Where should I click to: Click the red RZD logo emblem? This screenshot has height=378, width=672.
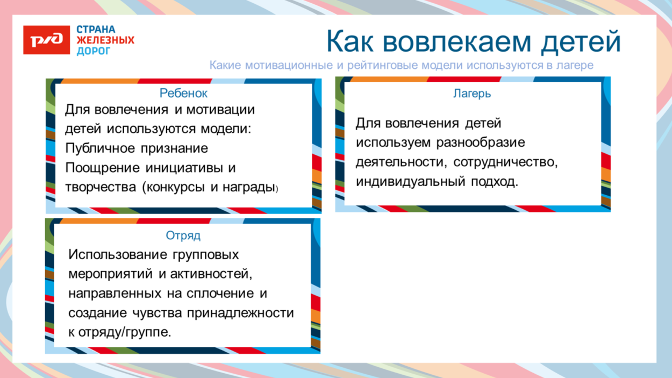tap(46, 40)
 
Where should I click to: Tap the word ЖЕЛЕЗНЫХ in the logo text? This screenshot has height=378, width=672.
tap(105, 40)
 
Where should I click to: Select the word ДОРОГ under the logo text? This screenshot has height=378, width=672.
tap(93, 51)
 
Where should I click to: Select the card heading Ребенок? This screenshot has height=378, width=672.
tap(183, 93)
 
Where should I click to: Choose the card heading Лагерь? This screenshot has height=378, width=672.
tap(472, 94)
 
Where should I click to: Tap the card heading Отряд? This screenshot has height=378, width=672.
tap(183, 236)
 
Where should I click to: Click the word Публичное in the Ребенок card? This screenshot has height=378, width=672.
tap(101, 148)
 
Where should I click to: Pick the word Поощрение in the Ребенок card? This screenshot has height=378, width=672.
tap(103, 167)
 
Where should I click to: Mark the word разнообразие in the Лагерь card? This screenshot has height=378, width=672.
tap(481, 143)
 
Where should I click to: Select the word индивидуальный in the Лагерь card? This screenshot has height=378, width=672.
tap(410, 181)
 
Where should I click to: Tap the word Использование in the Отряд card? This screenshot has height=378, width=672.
tap(117, 254)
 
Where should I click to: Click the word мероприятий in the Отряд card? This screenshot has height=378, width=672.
tap(111, 274)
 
